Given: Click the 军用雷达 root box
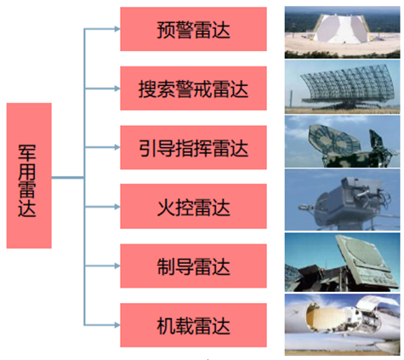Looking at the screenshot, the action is tap(29, 175).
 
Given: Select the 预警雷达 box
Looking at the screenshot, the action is tap(193, 29).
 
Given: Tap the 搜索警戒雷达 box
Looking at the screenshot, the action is tap(193, 89).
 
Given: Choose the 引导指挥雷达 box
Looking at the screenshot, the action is tap(193, 147).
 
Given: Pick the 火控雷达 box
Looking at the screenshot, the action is tap(193, 206).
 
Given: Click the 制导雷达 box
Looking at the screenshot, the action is tap(193, 266).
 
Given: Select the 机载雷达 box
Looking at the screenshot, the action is tap(193, 325).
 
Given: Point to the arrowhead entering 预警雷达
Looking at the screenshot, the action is tap(117, 29).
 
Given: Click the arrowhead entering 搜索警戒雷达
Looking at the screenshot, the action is tap(117, 89).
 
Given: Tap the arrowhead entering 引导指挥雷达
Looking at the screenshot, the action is tap(117, 147).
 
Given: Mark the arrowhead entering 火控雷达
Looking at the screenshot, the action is tap(117, 207).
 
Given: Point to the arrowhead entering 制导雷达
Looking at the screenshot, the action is tap(117, 266).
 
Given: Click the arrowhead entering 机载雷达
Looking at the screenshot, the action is tap(117, 325).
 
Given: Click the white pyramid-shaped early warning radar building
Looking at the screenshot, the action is tap(342, 28).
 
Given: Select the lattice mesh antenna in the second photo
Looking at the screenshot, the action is tap(347, 83).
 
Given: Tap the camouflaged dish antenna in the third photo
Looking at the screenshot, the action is tap(334, 138).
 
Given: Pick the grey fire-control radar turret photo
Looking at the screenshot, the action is tap(343, 200).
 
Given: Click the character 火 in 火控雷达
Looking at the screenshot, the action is tap(166, 208).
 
